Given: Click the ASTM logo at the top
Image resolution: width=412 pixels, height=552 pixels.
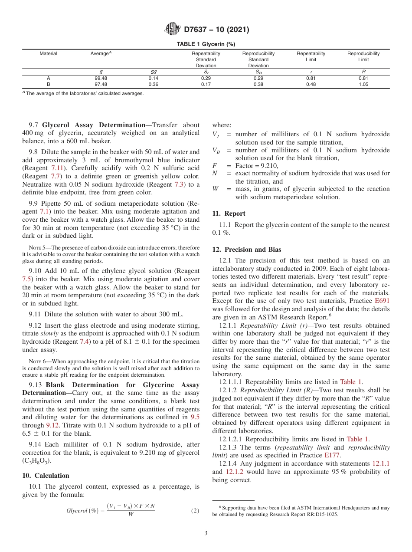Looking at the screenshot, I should [173, 30].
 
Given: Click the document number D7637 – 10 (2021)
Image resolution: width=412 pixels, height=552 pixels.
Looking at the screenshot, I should [216, 30].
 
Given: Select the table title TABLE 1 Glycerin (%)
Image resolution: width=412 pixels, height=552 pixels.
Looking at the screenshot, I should [206, 44].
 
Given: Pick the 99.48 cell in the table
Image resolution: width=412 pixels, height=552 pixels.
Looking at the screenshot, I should [101, 79].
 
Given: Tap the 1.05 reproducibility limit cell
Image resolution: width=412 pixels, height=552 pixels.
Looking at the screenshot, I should [363, 85].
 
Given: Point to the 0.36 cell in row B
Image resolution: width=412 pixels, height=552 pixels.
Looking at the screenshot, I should [153, 85].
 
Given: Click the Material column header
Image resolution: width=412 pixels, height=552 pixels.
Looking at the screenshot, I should [48, 54].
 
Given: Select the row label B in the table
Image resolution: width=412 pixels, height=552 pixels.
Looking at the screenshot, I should [48, 85].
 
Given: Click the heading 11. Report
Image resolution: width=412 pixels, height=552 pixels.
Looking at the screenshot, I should [229, 214].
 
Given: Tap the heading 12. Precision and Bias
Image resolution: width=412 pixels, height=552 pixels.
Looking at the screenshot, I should [246, 250].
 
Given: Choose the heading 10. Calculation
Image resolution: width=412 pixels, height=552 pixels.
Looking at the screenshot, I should [46, 476].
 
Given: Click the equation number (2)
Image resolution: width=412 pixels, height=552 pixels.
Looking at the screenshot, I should [195, 511].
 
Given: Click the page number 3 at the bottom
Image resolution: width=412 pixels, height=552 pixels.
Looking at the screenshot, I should [206, 533].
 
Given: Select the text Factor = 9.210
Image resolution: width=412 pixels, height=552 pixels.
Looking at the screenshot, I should [257, 166].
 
